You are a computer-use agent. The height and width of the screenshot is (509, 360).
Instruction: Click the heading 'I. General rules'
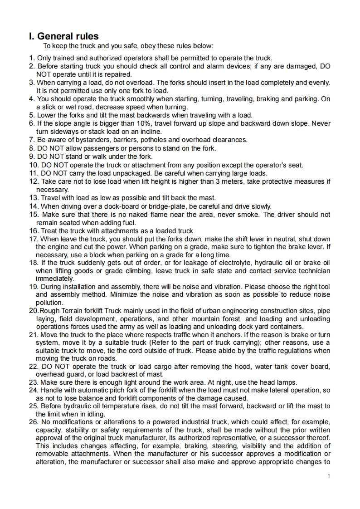pos(63,36)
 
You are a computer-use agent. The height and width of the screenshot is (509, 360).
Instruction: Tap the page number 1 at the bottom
pos(329,476)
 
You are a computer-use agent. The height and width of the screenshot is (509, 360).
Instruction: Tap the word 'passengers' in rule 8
pos(100,148)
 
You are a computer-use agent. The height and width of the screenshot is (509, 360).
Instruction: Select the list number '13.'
pos(34,198)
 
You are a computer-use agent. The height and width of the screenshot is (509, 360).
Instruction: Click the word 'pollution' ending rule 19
pos(49,303)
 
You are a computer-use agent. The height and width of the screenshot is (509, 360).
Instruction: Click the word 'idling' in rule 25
pos(94,414)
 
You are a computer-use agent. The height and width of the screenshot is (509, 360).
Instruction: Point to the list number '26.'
pos(34,422)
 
